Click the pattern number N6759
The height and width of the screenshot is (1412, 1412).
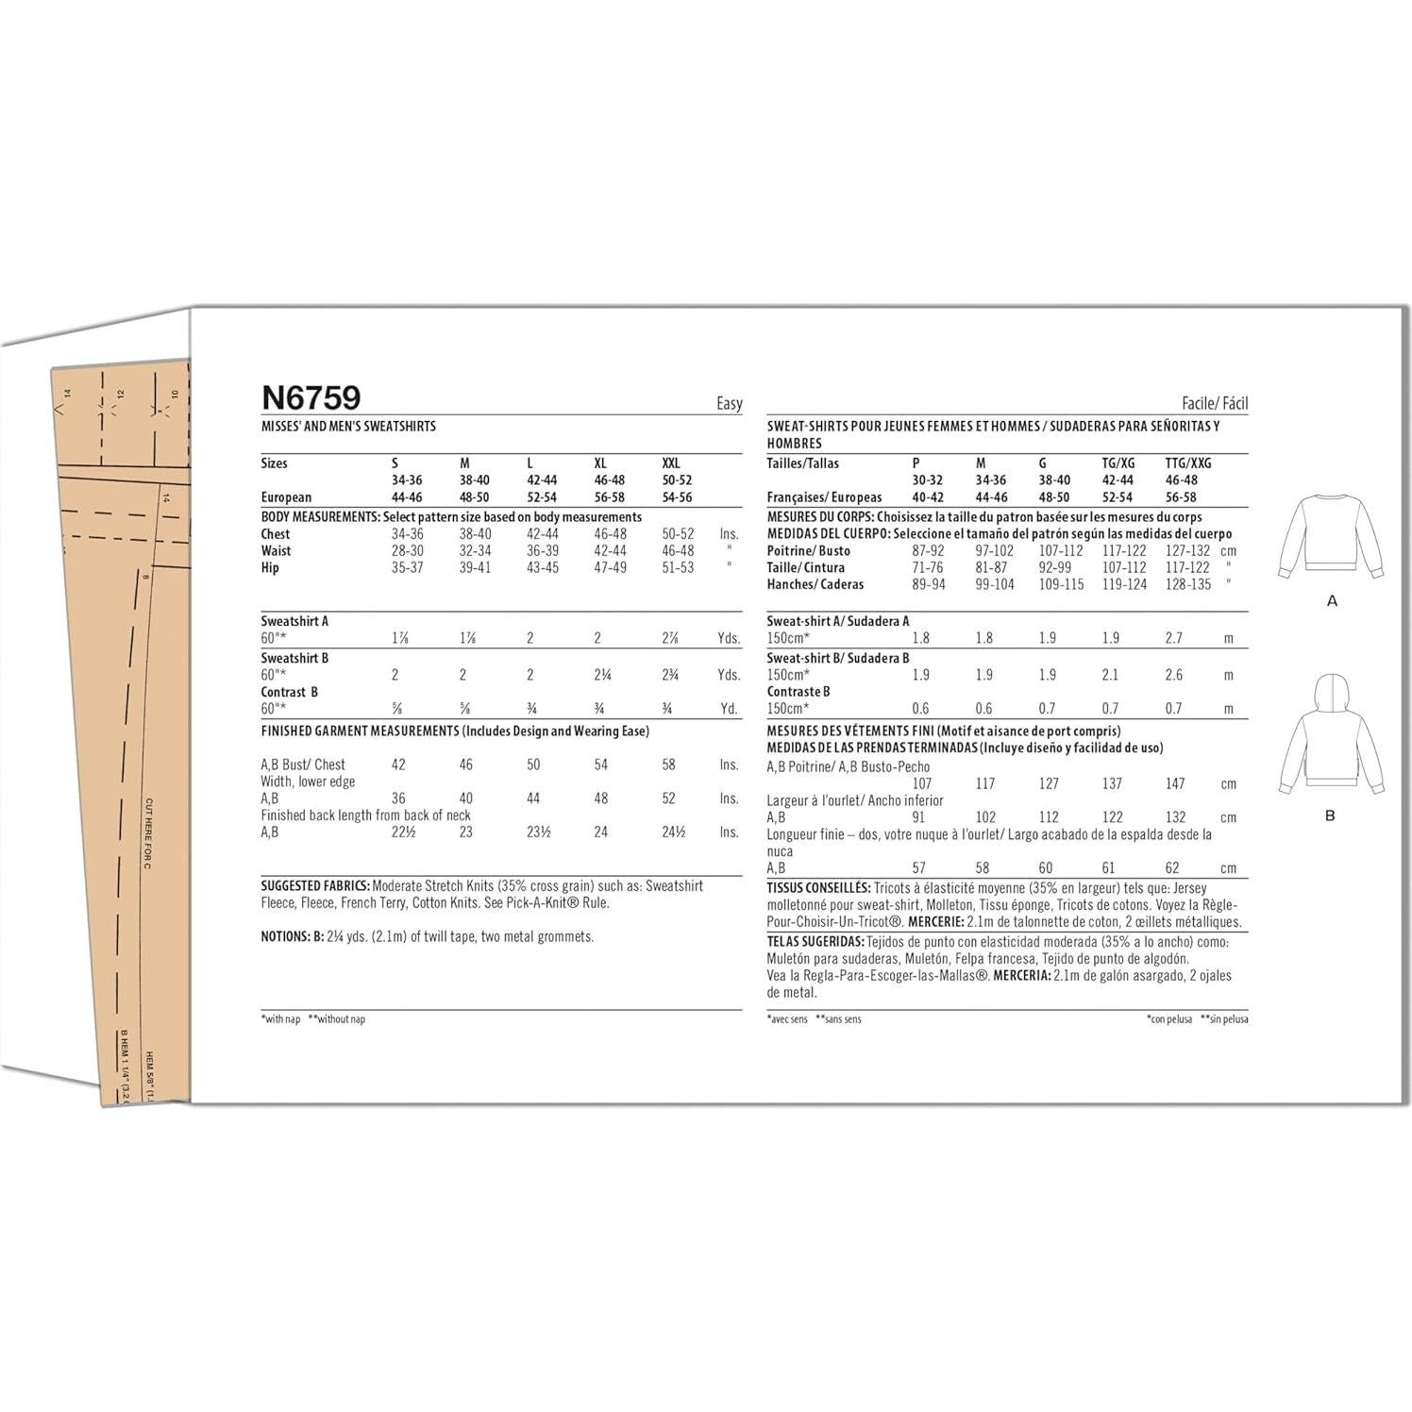(x=311, y=397)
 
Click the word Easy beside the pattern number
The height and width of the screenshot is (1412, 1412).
(x=729, y=404)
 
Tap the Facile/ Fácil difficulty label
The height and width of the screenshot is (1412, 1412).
(x=1214, y=404)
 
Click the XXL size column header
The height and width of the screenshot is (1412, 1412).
(x=671, y=463)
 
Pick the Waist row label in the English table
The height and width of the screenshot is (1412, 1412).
(x=277, y=550)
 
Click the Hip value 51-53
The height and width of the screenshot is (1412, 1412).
(x=677, y=567)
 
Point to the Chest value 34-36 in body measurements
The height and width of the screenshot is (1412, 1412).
(x=408, y=533)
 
